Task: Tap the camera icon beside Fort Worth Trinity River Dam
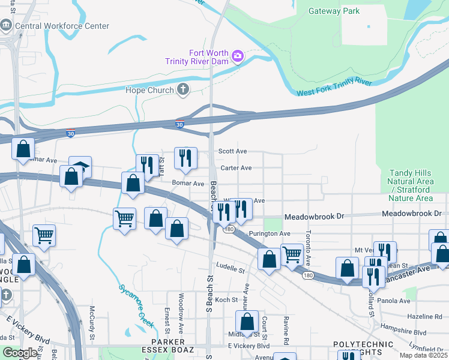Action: [x=238, y=56]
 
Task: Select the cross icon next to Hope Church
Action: [x=183, y=90]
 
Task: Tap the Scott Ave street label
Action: [x=232, y=152]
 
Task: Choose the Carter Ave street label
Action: [x=235, y=168]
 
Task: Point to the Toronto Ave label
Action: [x=307, y=249]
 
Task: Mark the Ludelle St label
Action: [x=231, y=267]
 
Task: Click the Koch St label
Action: [x=226, y=299]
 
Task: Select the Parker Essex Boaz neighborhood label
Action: [x=160, y=349]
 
